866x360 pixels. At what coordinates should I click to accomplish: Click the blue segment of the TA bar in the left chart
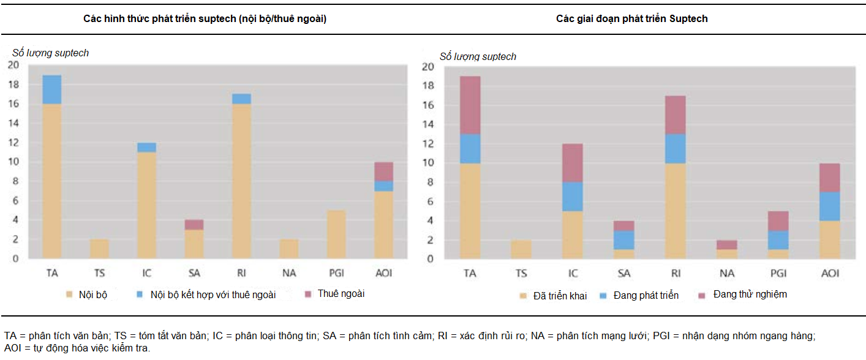coord(52,89)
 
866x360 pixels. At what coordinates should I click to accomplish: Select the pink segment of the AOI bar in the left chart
coord(384,171)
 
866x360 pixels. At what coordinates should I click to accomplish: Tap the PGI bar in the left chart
coord(336,234)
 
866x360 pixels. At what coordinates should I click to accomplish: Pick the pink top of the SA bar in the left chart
coord(194,224)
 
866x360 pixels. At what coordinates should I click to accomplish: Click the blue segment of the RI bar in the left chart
coord(241,99)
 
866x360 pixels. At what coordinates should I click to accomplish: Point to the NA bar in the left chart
coord(288,249)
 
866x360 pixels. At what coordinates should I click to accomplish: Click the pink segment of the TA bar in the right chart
coord(470,105)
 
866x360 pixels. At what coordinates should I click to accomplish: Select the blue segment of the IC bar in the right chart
coord(573,197)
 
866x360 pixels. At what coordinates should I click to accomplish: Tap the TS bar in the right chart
coord(522,249)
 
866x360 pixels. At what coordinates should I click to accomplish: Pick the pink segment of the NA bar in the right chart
coord(728,244)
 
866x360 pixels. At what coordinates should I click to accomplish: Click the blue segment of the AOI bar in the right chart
coord(830,206)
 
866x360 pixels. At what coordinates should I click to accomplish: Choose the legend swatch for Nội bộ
coord(70,295)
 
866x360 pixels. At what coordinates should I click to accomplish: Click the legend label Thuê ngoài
coord(341,294)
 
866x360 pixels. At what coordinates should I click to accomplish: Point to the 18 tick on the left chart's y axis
coord(13,84)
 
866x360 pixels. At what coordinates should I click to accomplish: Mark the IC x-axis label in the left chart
coord(147,272)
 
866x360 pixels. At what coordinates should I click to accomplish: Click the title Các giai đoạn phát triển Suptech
coord(631,19)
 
